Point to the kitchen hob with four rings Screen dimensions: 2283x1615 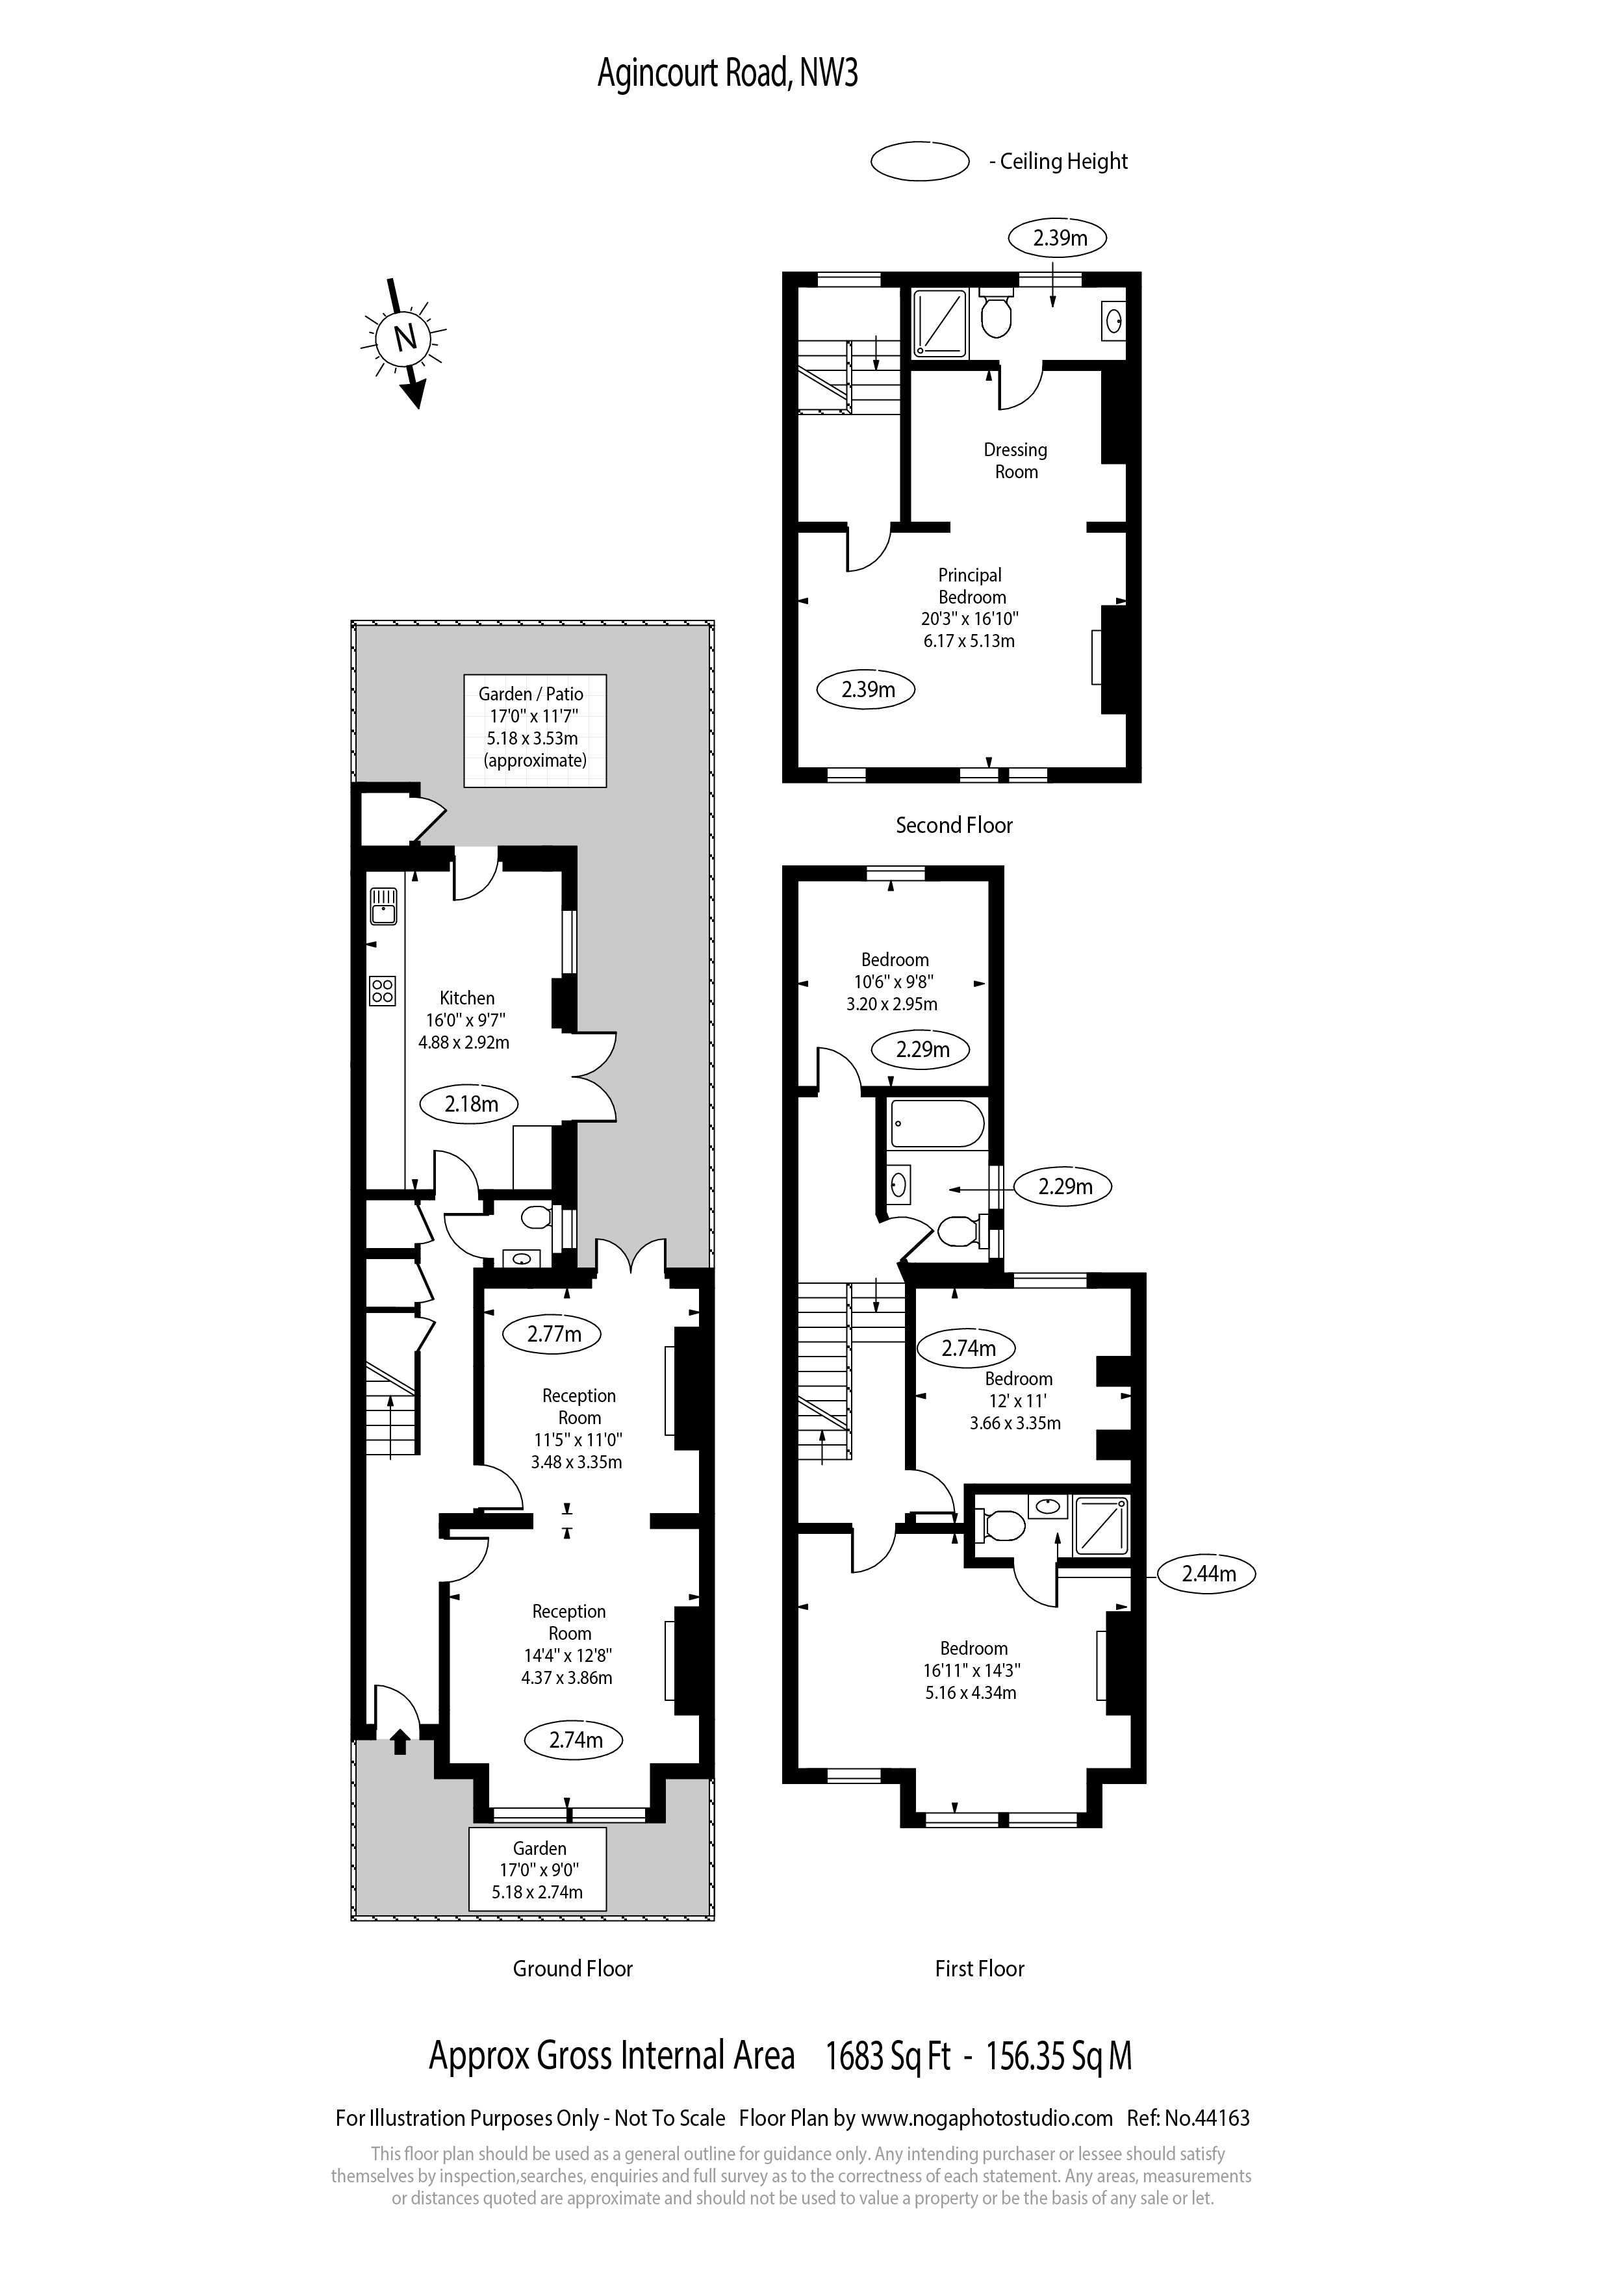(x=383, y=990)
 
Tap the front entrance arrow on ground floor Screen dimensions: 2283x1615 (x=400, y=1766)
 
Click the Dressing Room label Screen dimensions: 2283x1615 (x=1015, y=461)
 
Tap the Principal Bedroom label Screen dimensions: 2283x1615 (x=971, y=585)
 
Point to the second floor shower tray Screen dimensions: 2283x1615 (x=940, y=322)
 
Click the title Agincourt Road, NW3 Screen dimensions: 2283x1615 (x=727, y=73)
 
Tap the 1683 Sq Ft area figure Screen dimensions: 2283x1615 (x=888, y=2056)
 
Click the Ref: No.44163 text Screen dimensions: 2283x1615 (x=1188, y=2118)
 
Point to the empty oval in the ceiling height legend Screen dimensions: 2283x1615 (x=919, y=161)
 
